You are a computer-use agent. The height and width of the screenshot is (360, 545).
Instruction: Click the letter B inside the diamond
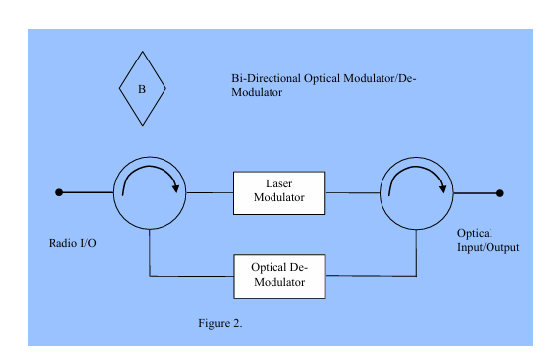[142, 89]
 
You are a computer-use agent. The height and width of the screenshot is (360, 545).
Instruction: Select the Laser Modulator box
[279, 193]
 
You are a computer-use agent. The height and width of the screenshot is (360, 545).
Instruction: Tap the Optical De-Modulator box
[279, 276]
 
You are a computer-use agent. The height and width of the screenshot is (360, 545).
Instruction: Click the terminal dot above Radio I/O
[59, 192]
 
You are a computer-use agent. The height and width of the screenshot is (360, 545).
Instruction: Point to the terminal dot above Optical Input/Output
[499, 193]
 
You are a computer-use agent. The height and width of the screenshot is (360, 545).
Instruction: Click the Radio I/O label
[72, 243]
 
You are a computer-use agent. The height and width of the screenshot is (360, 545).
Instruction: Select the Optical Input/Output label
[488, 240]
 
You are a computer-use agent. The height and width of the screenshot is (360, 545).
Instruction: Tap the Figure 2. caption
[220, 323]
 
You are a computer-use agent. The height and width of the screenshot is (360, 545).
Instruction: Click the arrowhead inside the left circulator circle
[175, 188]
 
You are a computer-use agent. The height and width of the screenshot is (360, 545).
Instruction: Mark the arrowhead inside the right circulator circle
[443, 188]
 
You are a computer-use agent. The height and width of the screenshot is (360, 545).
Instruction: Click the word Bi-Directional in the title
[266, 78]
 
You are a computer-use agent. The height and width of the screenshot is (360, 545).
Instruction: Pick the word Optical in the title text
[322, 79]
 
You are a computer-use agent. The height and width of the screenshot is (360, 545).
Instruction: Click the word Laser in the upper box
[278, 183]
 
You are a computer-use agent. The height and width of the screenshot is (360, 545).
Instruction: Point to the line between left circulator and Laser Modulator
[210, 192]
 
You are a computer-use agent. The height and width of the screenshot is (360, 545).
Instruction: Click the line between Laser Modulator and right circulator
[353, 192]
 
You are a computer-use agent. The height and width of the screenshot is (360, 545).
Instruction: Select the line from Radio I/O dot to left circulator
[86, 192]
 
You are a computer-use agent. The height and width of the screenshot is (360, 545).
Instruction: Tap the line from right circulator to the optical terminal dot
[477, 193]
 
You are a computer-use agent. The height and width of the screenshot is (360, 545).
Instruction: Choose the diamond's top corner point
[142, 52]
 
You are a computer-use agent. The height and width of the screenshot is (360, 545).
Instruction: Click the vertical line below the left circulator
[150, 253]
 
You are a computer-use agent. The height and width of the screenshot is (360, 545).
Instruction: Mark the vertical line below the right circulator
[416, 253]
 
